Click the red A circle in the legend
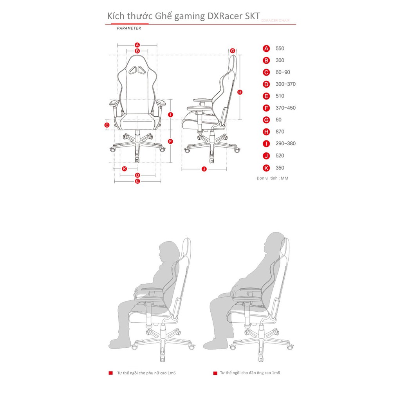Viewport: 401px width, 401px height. (x=266, y=49)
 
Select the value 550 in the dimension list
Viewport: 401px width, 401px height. (x=280, y=49)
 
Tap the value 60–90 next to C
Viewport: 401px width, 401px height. (x=283, y=72)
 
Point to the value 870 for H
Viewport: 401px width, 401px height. (x=280, y=132)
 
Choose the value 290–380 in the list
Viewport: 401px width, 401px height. (x=285, y=144)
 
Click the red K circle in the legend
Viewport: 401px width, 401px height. (x=266, y=168)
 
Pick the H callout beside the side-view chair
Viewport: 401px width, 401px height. (x=240, y=92)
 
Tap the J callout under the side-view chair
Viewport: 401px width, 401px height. (x=204, y=169)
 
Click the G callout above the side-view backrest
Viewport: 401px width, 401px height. (x=233, y=51)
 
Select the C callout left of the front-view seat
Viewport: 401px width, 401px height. (x=107, y=125)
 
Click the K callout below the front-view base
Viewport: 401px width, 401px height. (x=124, y=168)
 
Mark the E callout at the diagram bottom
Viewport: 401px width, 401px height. (x=137, y=181)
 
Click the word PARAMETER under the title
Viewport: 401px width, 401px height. (x=129, y=29)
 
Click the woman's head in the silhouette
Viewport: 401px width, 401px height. (x=168, y=253)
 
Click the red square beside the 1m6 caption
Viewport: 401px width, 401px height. (x=111, y=373)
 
